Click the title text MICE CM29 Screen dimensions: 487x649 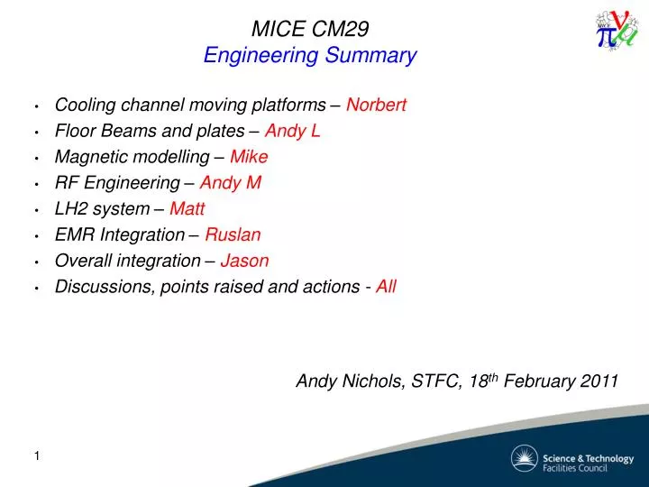(309, 29)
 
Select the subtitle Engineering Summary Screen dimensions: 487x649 (309, 56)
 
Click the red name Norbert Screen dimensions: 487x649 (376, 105)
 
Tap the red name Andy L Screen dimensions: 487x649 (292, 132)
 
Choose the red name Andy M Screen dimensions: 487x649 (230, 183)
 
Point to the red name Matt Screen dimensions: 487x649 (187, 209)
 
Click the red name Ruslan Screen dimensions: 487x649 (233, 235)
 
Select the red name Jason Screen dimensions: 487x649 (244, 261)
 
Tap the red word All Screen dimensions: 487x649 (386, 287)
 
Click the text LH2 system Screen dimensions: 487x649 (102, 209)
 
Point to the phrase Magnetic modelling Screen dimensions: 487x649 (130, 157)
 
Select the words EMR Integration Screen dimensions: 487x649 (119, 235)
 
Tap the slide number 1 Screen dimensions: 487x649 (37, 457)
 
